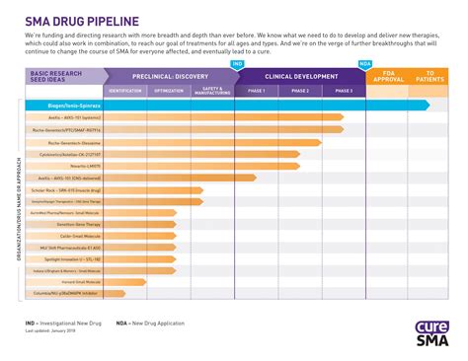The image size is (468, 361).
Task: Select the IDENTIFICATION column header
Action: point(124,90)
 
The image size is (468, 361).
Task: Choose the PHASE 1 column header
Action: point(257,90)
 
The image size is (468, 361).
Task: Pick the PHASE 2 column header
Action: point(300,90)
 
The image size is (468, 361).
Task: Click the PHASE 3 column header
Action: point(344,90)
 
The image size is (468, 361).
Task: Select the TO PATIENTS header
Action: point(430,76)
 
